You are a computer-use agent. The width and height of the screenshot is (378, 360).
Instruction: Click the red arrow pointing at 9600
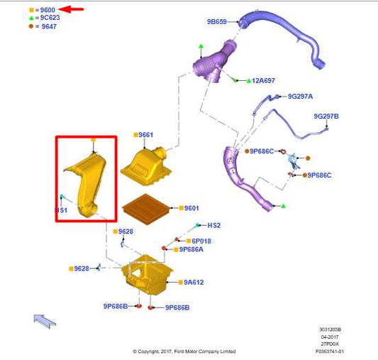tap(71, 9)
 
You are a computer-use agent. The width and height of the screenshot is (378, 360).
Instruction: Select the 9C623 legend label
tap(50, 18)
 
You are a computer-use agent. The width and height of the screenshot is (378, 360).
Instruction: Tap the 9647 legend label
tap(49, 26)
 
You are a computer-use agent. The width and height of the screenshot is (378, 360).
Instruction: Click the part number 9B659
tap(217, 22)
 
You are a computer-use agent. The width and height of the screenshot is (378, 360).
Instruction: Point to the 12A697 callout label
tap(263, 80)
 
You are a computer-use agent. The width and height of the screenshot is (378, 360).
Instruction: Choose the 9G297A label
tap(300, 97)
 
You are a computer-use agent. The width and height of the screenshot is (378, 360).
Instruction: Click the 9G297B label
tap(326, 116)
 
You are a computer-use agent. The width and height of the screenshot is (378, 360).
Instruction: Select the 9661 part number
tap(146, 135)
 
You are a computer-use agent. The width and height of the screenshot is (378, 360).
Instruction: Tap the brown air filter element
tap(146, 209)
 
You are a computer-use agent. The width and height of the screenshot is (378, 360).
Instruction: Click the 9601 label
tap(191, 208)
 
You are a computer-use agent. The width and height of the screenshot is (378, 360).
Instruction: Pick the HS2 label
tap(214, 225)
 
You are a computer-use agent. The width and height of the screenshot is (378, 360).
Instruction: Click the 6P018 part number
tap(201, 241)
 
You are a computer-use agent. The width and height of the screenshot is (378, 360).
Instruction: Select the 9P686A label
tap(191, 249)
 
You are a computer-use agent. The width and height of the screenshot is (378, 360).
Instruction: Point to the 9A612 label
tap(194, 283)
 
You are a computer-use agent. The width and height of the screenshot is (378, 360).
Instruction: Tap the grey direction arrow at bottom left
tap(45, 321)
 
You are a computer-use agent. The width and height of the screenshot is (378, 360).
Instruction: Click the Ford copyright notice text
tap(184, 351)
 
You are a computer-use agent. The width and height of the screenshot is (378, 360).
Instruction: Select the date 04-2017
tap(330, 337)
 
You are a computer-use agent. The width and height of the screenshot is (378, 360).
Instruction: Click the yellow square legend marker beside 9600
tap(31, 10)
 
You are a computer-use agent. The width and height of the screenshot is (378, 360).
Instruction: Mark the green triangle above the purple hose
tap(201, 46)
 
